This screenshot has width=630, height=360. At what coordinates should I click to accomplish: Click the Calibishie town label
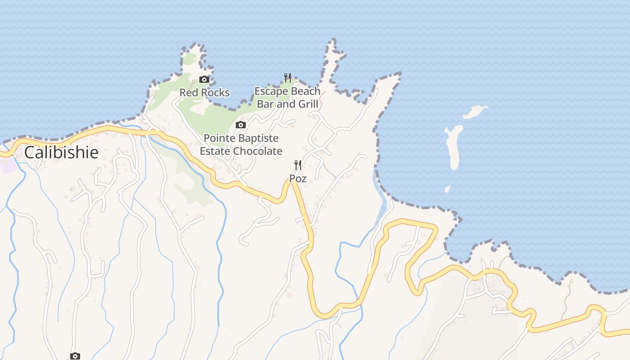tap(61, 153)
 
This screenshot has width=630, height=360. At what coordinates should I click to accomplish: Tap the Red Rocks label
tap(204, 93)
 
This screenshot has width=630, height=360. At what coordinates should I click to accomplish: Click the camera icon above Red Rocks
tap(204, 80)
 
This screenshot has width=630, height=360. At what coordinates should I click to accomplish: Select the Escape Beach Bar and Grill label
tap(288, 98)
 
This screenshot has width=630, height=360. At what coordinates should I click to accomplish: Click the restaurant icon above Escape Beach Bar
tap(288, 78)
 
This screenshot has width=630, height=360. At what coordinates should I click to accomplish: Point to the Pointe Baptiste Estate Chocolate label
tap(241, 144)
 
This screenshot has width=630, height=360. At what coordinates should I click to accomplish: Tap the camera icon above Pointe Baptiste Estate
tap(241, 125)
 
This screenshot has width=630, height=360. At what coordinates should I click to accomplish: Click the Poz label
tap(298, 179)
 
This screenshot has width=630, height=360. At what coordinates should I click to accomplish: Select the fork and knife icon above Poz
tap(297, 165)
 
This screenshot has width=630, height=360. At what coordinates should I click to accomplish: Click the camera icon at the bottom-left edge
tap(75, 356)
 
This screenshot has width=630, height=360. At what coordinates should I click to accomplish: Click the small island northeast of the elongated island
tap(475, 112)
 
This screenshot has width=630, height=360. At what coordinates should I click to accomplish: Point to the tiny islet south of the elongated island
tap(447, 189)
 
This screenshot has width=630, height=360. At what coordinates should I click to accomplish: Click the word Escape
tap(270, 91)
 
